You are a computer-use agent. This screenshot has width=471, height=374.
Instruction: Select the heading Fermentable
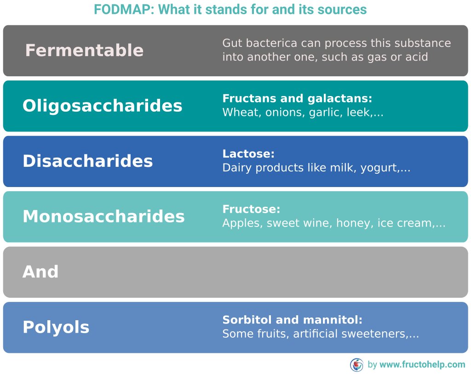pyautogui.click(x=84, y=50)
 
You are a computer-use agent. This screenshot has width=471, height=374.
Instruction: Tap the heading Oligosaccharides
pyautogui.click(x=102, y=106)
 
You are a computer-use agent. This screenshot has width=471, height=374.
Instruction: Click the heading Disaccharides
pyautogui.click(x=87, y=161)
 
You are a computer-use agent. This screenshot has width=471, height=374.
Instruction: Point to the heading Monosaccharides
pyautogui.click(x=103, y=216)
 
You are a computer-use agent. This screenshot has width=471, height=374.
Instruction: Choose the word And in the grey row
pyautogui.click(x=40, y=272)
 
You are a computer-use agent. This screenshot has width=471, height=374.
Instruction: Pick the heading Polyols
pyautogui.click(x=56, y=327)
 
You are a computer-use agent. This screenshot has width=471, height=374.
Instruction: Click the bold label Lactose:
pyautogui.click(x=248, y=154)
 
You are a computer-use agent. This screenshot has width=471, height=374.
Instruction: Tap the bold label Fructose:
pyautogui.click(x=251, y=210)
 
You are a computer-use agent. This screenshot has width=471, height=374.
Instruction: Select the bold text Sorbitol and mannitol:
pyautogui.click(x=293, y=320)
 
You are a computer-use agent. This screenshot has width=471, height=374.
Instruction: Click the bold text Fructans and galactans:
pyautogui.click(x=297, y=99)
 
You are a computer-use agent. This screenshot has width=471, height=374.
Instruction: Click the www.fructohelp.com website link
pyautogui.click(x=422, y=365)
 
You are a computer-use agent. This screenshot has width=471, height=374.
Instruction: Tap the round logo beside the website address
pyautogui.click(x=356, y=365)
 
